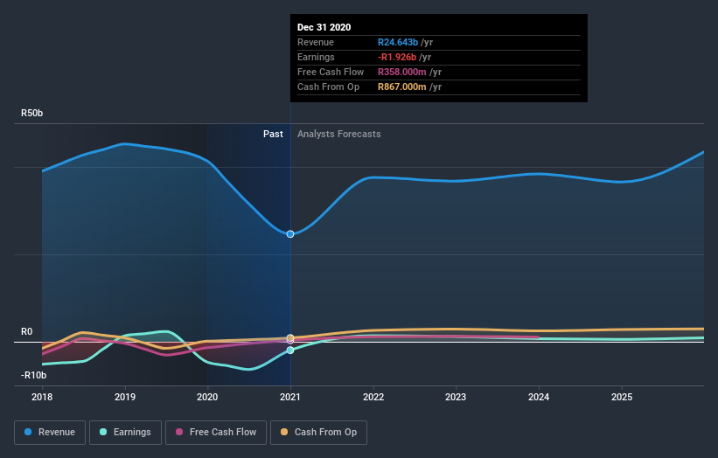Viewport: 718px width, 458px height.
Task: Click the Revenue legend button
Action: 50,432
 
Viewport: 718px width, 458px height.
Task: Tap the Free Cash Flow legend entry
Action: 215,432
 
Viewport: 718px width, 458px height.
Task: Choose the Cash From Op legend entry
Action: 318,432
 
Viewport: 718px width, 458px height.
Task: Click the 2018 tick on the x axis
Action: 42,397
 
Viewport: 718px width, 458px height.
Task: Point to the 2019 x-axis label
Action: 125,397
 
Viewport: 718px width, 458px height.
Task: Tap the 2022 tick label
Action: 373,397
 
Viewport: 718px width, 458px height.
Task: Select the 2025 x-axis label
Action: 622,397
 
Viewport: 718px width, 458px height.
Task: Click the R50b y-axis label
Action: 32,114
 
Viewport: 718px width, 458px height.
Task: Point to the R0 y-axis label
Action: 27,332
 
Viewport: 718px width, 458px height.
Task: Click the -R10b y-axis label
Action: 33,375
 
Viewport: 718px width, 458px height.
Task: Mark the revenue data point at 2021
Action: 290,234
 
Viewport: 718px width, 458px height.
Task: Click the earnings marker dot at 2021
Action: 290,350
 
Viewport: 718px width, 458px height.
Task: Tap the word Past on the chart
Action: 273,134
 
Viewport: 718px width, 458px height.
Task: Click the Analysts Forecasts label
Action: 338,134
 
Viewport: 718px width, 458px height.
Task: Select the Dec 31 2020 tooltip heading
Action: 324,27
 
